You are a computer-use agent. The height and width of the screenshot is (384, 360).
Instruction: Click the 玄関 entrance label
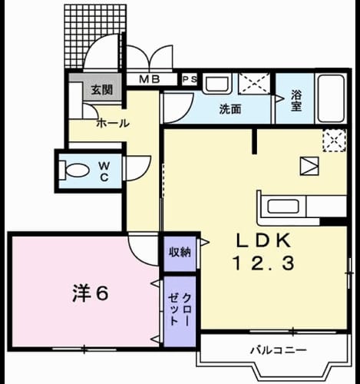tap(102, 90)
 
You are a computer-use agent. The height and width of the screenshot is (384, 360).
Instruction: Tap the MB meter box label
tap(150, 79)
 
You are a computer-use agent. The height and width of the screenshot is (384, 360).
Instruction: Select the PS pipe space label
tap(190, 79)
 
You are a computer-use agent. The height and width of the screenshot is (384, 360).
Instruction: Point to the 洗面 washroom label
tap(230, 109)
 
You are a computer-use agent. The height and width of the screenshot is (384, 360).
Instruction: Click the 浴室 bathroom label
tap(296, 101)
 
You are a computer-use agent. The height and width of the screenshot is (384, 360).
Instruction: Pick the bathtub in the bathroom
tap(331, 98)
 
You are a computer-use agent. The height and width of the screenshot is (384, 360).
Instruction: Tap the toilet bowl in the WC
tap(75, 170)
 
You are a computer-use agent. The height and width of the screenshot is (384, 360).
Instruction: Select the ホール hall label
tap(113, 124)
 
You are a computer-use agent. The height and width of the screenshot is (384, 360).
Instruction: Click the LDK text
tap(264, 240)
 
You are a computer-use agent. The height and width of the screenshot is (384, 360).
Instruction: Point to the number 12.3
tap(263, 263)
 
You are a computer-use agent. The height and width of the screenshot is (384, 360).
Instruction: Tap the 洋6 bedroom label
tap(91, 293)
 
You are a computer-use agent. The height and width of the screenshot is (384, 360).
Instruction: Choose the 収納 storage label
tap(180, 253)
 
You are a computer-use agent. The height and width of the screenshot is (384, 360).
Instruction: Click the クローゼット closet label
tap(180, 310)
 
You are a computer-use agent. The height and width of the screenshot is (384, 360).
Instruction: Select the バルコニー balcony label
tap(279, 350)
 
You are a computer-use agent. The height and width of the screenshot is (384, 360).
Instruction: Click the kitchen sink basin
tap(283, 207)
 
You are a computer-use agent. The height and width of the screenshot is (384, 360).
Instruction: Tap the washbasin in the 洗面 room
tap(217, 83)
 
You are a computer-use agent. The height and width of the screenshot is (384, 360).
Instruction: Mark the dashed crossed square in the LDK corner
tap(335, 141)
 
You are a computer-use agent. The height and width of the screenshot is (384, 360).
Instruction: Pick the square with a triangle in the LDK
tap(309, 166)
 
